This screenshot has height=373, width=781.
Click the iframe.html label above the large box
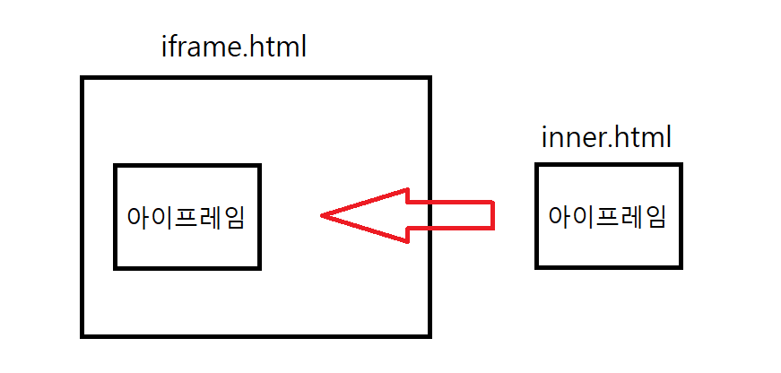[x=233, y=46]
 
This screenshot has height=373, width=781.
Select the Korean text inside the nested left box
[x=187, y=217]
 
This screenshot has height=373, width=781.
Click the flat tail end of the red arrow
[x=493, y=215]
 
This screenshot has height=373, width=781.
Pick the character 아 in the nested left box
[x=140, y=217]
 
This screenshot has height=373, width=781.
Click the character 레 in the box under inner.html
[x=630, y=217]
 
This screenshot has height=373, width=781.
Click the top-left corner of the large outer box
[x=82, y=79]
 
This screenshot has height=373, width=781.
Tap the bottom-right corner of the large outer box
[x=430, y=335]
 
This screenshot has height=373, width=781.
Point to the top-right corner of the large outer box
[x=430, y=79]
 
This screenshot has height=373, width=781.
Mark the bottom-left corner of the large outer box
[x=82, y=335]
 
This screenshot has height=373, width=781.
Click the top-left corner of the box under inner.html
[x=537, y=165]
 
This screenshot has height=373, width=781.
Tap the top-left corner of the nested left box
[x=116, y=166]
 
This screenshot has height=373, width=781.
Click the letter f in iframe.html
[x=174, y=45]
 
